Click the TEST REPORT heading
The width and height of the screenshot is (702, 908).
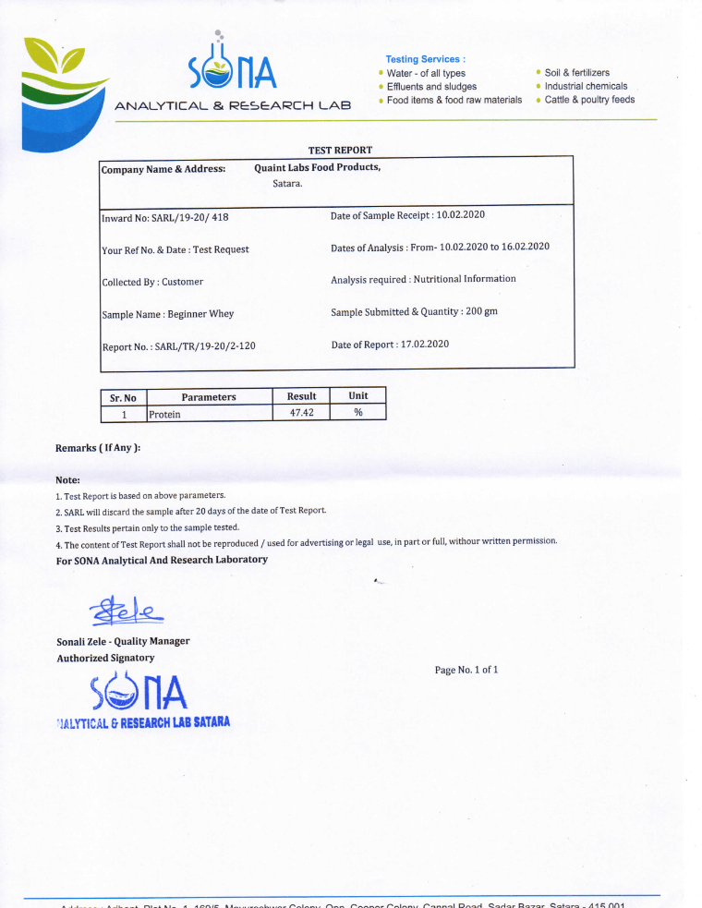click(340, 150)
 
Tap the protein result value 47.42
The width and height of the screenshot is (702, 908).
click(302, 413)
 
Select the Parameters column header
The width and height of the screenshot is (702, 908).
click(209, 397)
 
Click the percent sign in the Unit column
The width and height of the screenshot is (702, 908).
click(358, 413)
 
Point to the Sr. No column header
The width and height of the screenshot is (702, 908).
click(123, 398)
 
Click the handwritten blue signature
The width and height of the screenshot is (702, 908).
click(123, 611)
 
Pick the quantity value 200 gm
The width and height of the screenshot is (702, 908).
click(481, 311)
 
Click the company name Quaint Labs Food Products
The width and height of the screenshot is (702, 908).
click(317, 167)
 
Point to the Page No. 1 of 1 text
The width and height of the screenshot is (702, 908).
click(466, 670)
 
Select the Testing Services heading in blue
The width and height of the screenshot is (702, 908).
click(425, 59)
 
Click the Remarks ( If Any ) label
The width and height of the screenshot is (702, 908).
click(98, 448)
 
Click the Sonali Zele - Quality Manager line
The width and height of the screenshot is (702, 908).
click(123, 641)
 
